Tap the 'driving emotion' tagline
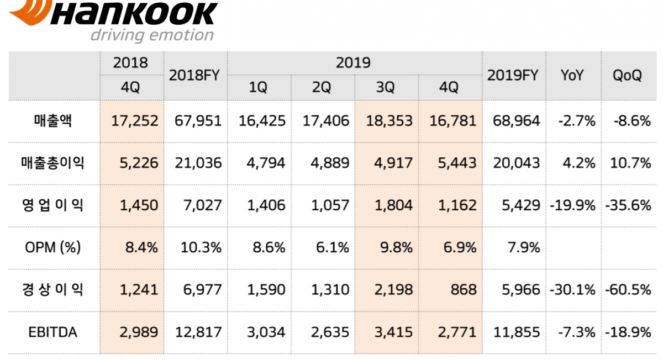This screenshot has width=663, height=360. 152,35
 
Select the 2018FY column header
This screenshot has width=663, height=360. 195,76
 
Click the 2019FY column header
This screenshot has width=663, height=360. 513,76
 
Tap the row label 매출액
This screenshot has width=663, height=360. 54,121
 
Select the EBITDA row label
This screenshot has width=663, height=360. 54,332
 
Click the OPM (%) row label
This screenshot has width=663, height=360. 54,247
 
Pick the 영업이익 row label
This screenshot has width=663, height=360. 54,205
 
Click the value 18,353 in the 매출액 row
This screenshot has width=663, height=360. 389,121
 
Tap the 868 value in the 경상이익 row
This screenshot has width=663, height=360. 462,290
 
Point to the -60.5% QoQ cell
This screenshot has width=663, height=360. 628,290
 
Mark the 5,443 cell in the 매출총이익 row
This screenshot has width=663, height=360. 452,163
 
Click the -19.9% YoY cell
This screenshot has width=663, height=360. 572,205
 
